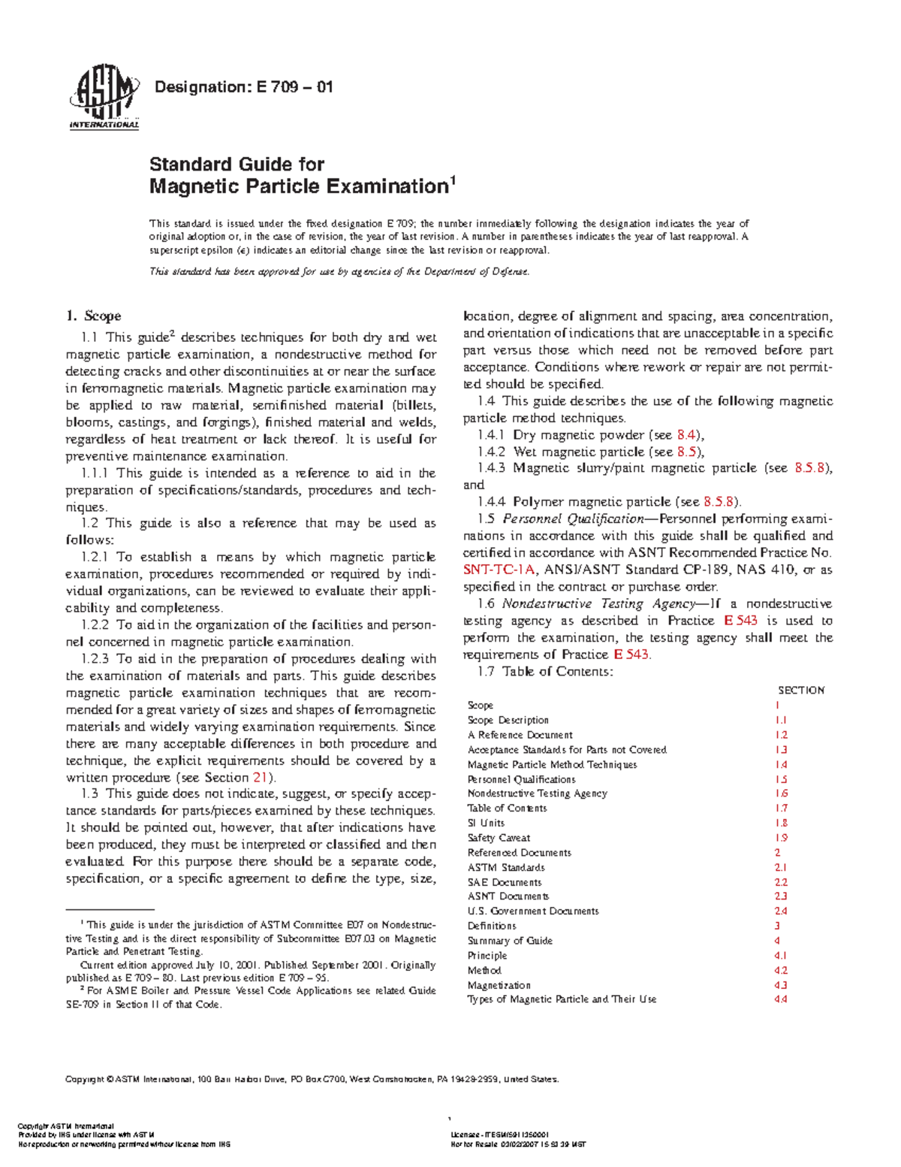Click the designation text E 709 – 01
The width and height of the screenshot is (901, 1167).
243,87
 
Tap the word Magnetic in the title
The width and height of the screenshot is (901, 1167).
194,186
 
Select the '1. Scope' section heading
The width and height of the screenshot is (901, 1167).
94,316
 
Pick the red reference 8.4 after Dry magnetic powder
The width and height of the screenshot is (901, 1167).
687,435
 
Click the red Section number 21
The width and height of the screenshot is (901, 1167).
260,778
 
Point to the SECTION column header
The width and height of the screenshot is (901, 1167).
800,690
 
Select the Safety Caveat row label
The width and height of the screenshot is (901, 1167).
499,838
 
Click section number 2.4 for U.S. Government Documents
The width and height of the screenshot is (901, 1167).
781,912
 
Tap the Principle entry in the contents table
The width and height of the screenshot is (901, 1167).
487,956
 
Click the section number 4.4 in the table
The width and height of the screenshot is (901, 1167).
781,999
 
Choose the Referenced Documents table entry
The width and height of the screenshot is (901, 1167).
519,853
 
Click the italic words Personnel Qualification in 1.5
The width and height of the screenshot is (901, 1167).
572,519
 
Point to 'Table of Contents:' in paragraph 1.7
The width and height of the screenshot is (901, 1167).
557,672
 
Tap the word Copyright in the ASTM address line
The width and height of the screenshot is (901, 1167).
85,1080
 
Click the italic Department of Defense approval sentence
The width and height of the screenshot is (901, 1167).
339,272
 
